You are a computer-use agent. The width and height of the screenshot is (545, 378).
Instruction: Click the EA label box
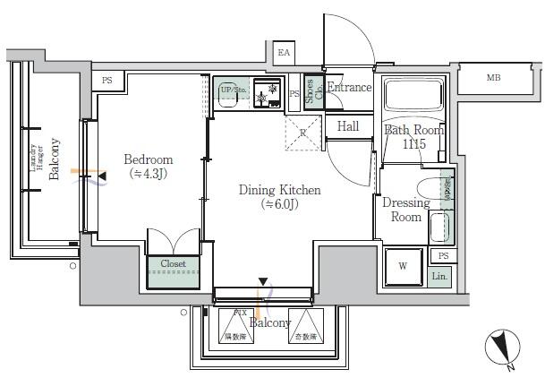(x=285, y=53)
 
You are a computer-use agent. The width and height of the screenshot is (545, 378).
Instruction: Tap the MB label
(x=493, y=78)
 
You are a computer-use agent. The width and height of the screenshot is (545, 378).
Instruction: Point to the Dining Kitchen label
(x=278, y=190)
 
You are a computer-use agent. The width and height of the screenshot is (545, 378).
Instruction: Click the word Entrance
(x=349, y=88)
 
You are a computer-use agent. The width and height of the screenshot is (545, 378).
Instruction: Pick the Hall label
(x=348, y=126)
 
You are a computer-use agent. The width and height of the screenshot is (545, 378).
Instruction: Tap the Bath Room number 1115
(x=413, y=143)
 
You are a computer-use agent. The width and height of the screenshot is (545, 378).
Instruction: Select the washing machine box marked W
(x=402, y=265)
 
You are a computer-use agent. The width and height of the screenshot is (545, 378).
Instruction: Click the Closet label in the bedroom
(x=173, y=264)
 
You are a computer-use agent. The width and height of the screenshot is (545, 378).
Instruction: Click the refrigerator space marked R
(x=303, y=132)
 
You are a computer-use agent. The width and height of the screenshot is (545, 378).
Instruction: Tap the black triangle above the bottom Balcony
(x=262, y=281)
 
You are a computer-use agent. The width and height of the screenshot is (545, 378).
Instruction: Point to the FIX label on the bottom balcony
(x=239, y=312)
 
